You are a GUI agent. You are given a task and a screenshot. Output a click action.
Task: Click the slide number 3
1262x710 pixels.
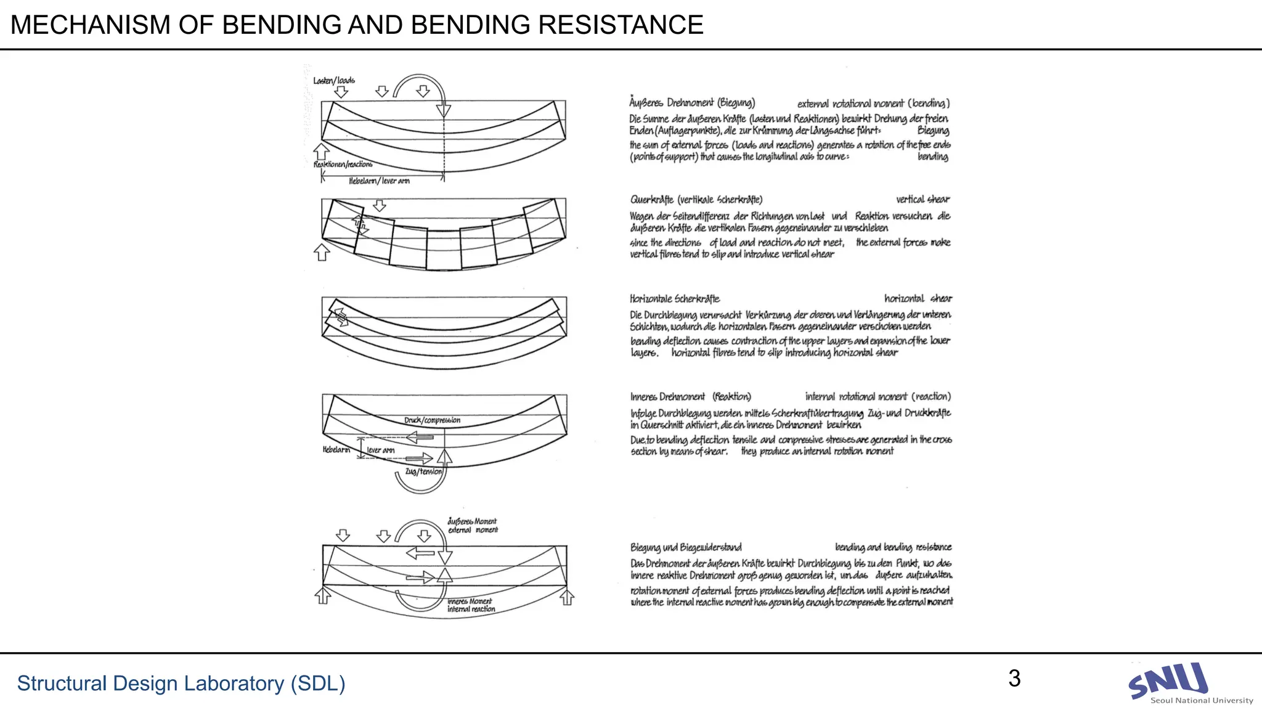(x=1014, y=679)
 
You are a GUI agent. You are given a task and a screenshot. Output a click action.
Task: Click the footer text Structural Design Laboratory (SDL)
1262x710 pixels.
(x=181, y=683)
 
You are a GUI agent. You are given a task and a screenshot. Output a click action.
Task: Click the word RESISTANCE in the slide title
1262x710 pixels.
(x=621, y=25)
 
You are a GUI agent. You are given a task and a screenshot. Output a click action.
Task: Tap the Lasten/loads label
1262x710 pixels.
(x=334, y=81)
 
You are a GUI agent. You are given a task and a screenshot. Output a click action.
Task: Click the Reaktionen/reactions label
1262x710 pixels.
(x=343, y=165)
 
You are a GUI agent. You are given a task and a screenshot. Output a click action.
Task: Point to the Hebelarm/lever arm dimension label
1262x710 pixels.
(x=379, y=181)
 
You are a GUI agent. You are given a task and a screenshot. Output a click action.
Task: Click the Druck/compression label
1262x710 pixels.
(x=432, y=420)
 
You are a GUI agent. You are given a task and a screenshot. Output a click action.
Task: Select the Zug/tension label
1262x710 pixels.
(x=423, y=471)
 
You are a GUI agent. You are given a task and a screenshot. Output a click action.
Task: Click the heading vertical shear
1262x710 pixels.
(x=922, y=200)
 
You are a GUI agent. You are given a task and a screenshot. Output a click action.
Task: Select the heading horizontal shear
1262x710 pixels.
(x=918, y=299)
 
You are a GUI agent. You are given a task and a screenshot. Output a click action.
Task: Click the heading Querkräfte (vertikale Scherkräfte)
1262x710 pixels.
(x=696, y=200)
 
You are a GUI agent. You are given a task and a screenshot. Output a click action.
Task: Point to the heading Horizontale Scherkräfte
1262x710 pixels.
(x=675, y=299)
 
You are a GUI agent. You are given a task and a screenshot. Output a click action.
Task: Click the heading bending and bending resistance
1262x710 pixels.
(x=893, y=547)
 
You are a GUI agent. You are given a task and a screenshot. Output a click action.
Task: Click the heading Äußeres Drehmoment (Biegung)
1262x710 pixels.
(x=692, y=103)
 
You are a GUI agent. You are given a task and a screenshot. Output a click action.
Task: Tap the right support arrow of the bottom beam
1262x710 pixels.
(x=567, y=597)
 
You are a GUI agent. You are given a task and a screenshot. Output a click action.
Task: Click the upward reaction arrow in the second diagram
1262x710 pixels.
(x=322, y=251)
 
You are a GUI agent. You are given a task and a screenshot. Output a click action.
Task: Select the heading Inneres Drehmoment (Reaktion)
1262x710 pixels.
(x=690, y=397)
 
